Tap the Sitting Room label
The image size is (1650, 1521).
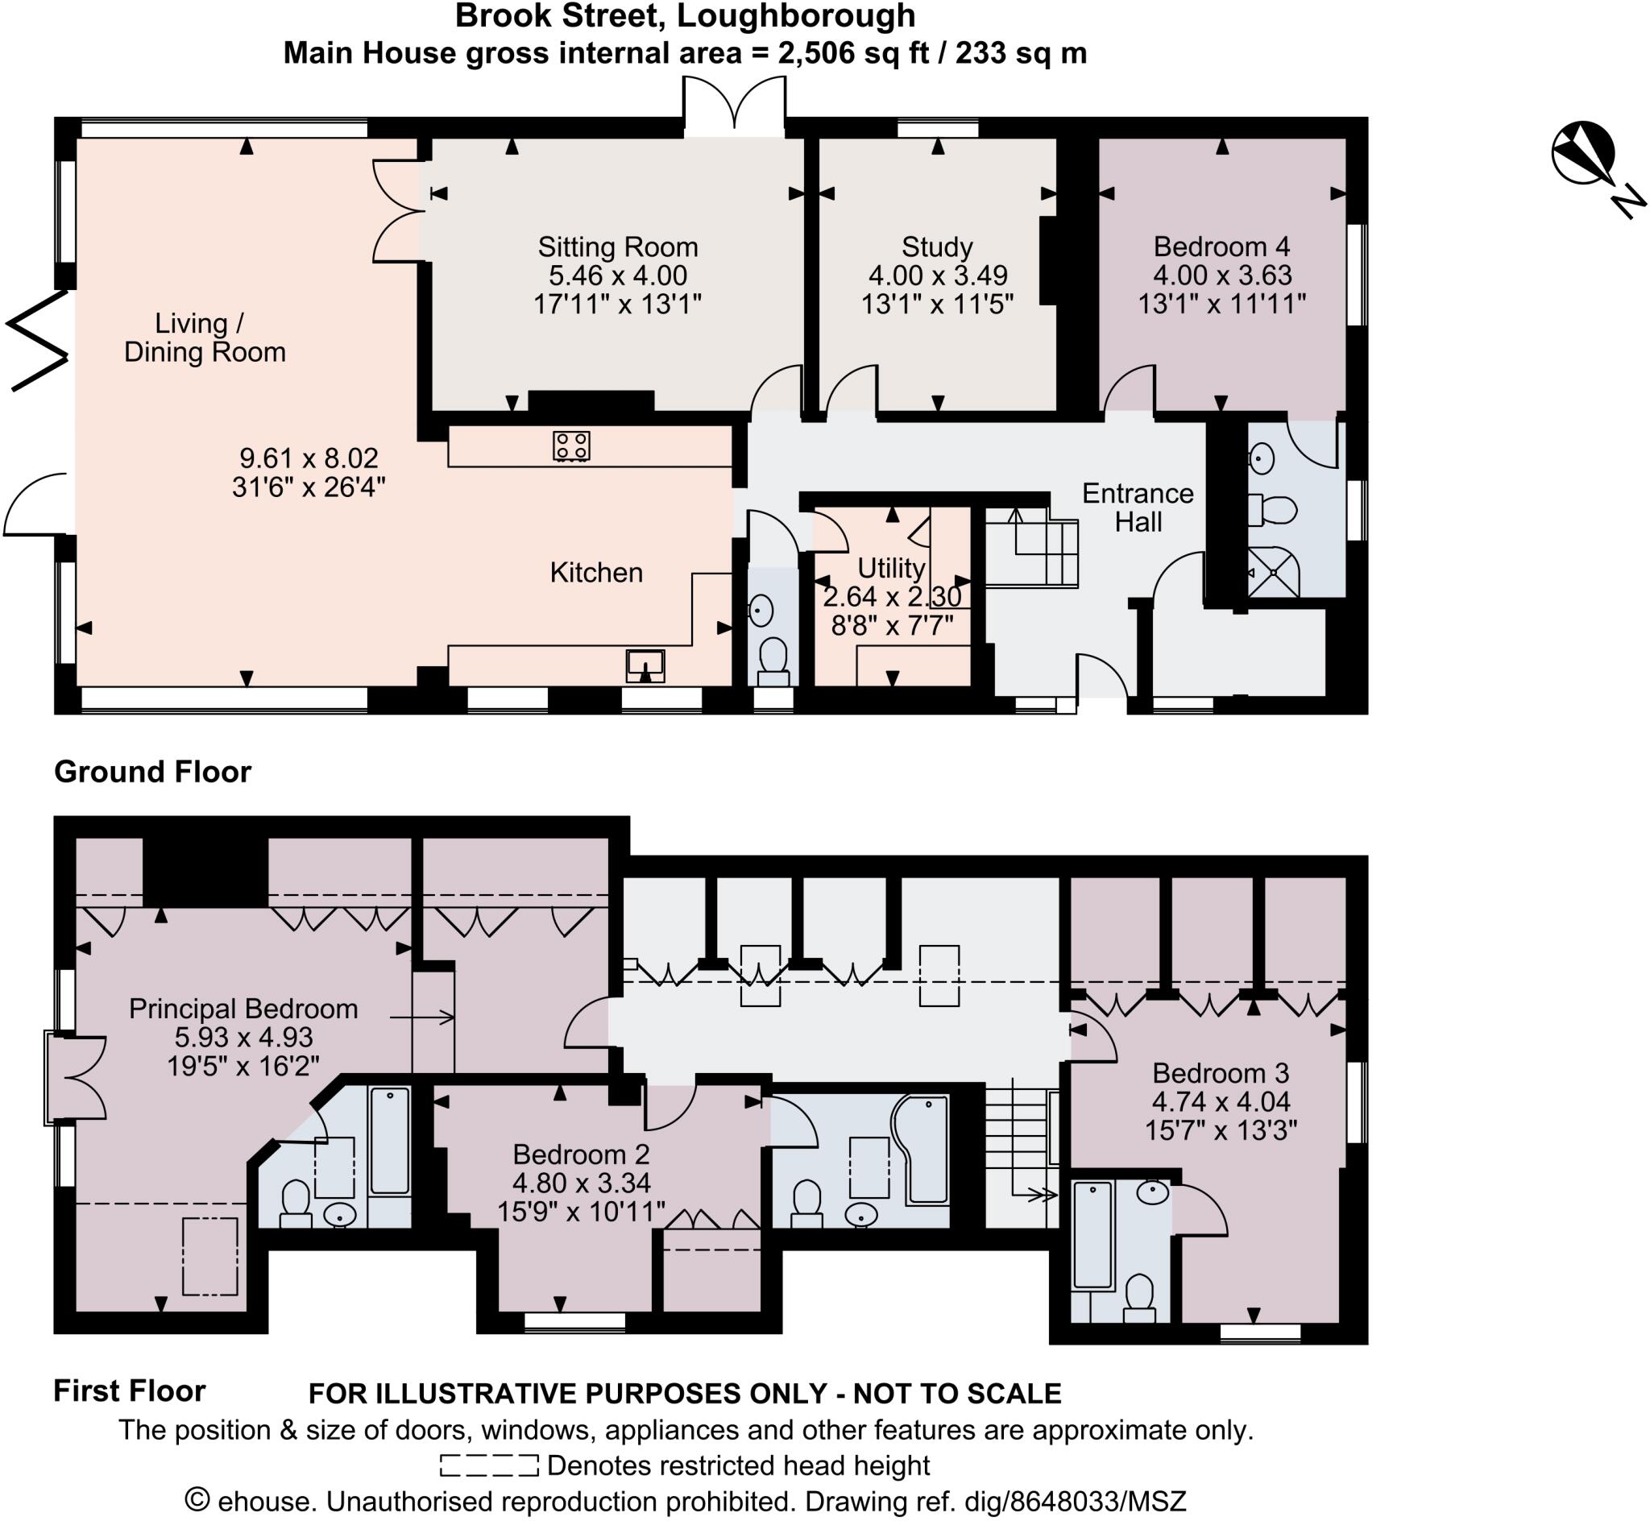(x=617, y=247)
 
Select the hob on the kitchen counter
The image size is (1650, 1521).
(x=571, y=446)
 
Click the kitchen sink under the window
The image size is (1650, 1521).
(x=645, y=663)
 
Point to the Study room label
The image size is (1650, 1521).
(x=936, y=247)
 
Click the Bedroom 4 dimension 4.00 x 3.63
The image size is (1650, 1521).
(x=1222, y=275)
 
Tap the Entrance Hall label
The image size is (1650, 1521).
(x=1138, y=507)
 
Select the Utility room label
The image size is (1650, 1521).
(x=890, y=568)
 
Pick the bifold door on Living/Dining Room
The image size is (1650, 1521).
(x=37, y=339)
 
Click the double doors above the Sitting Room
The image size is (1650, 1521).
(x=733, y=106)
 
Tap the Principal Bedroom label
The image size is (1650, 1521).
(x=243, y=1009)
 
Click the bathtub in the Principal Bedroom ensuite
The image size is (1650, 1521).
(x=389, y=1141)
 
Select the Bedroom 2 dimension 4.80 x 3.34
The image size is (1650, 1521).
(x=581, y=1183)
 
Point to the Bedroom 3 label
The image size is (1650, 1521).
(x=1220, y=1073)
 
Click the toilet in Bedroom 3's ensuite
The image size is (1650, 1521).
(x=1139, y=1296)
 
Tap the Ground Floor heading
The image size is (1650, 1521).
(x=152, y=772)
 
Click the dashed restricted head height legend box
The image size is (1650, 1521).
(x=489, y=1466)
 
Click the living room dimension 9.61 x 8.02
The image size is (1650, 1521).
(x=309, y=458)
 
